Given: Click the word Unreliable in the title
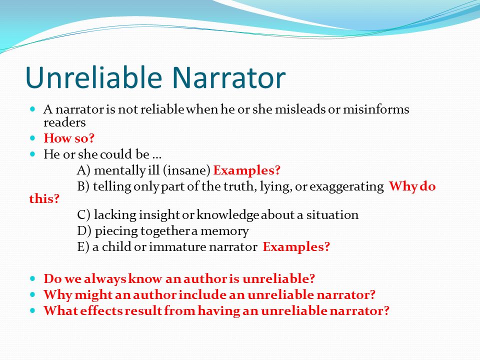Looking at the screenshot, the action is (x=93, y=77).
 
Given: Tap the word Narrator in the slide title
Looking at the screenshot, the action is (x=229, y=77).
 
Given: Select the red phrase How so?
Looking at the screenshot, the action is (x=69, y=138).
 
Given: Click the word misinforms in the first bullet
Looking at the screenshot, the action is (x=376, y=109).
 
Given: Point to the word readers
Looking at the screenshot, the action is (x=64, y=122).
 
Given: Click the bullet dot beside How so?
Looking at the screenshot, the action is (x=33, y=138).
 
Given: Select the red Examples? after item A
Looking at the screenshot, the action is (x=246, y=170).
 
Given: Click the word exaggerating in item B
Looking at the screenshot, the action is (x=346, y=186).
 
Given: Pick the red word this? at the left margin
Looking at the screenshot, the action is (x=44, y=198).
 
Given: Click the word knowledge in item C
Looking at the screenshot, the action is (x=228, y=215).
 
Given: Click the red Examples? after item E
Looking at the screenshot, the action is (x=296, y=247).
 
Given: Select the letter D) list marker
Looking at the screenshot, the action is (x=84, y=231).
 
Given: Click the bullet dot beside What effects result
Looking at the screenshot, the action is (x=33, y=310).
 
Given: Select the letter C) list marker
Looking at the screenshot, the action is (x=84, y=215).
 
